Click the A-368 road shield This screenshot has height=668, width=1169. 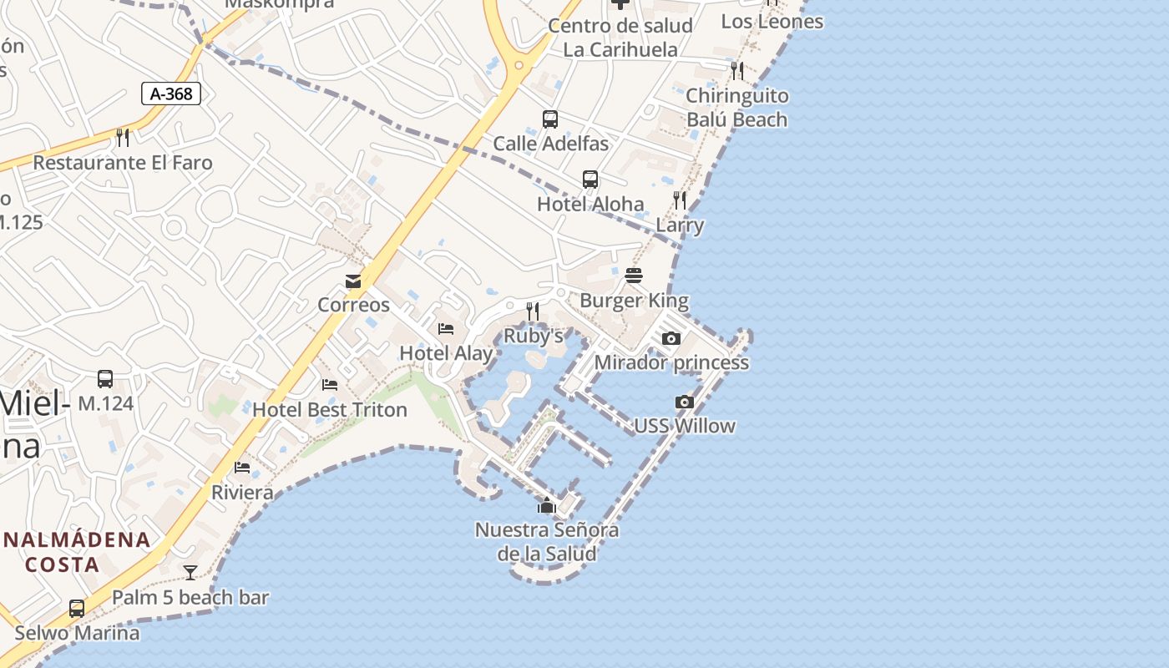[171, 94]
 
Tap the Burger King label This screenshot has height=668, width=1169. [634, 301]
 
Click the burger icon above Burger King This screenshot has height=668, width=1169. [633, 276]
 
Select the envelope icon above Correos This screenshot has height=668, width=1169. [353, 281]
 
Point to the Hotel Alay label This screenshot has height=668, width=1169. [446, 353]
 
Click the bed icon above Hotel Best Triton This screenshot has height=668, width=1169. [330, 385]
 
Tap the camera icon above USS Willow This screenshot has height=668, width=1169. [685, 402]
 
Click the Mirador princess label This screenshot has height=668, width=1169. [671, 362]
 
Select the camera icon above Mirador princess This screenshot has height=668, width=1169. [671, 338]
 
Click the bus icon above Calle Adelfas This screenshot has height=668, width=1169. [549, 119]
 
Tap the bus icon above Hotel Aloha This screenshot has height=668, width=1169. [590, 180]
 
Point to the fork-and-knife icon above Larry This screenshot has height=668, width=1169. [680, 200]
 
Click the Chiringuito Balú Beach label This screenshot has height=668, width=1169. [736, 108]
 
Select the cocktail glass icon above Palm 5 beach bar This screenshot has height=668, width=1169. [190, 573]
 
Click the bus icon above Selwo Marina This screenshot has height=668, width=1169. [77, 608]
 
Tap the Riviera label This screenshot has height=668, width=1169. [242, 493]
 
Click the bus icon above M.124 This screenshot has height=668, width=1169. [105, 379]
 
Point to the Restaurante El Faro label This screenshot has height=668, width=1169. [123, 163]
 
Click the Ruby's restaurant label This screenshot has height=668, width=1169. [534, 336]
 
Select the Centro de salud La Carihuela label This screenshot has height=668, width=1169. [620, 38]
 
